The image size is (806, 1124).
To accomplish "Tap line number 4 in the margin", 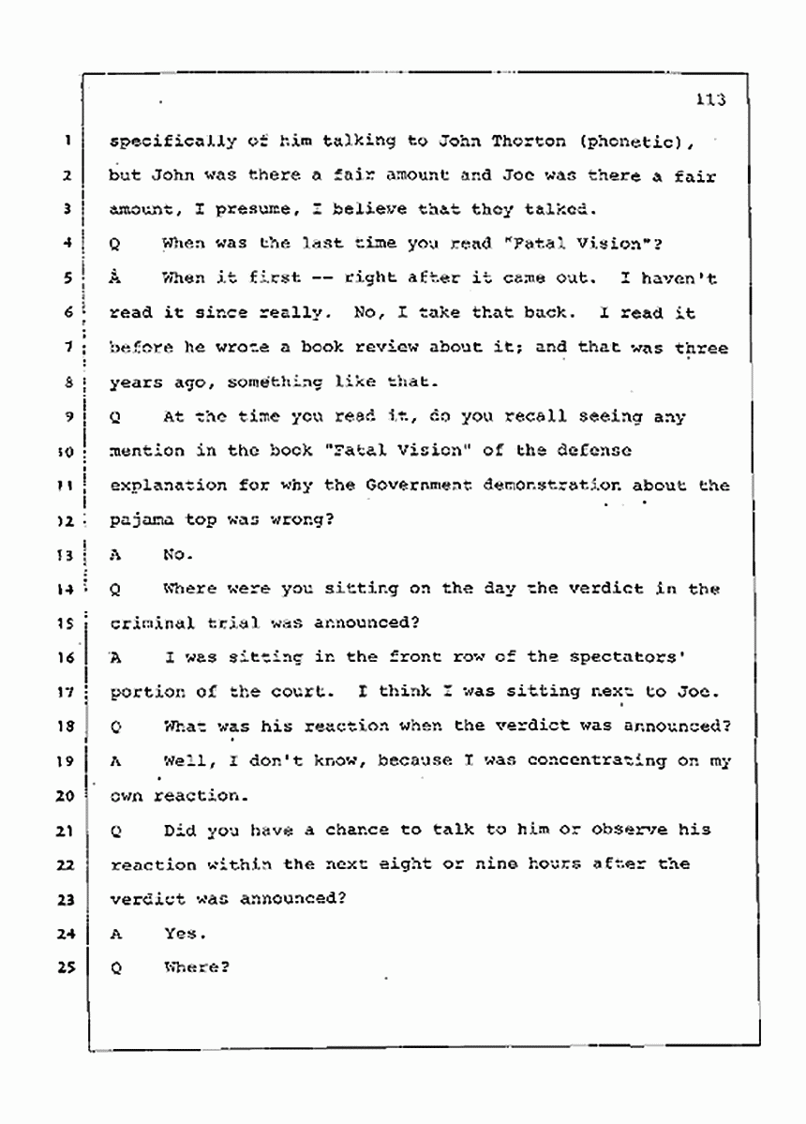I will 68,245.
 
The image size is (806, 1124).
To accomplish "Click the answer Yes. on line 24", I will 183,934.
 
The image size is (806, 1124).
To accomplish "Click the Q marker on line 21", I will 116,831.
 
